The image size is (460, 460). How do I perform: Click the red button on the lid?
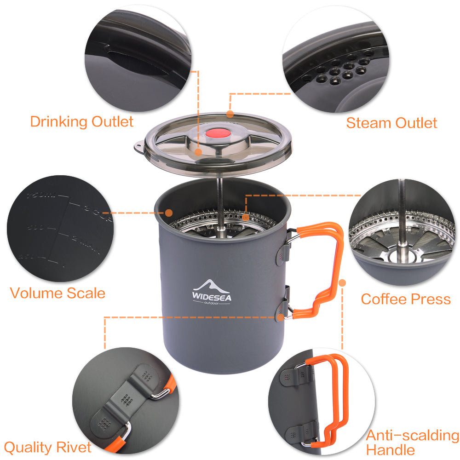click(x=218, y=134)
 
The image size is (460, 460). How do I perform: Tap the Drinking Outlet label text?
click(x=81, y=122)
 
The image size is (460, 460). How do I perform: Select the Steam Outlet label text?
click(x=391, y=123)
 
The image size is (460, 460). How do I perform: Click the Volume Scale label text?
click(x=57, y=293)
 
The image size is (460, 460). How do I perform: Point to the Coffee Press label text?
click(x=406, y=299)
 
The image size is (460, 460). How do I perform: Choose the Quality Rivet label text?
click(x=48, y=447)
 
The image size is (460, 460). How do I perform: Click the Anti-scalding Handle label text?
click(x=412, y=442)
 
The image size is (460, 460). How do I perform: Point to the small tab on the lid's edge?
click(x=138, y=147)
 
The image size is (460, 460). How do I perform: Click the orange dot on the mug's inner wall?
click(x=169, y=213)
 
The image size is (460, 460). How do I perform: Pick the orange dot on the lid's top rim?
click(x=230, y=113)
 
